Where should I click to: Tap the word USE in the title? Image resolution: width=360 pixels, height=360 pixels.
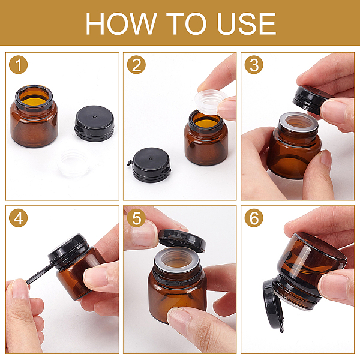click(x=247, y=23)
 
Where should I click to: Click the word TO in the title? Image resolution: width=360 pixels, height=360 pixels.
click(x=186, y=23)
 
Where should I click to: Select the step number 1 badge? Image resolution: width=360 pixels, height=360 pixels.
click(x=19, y=65)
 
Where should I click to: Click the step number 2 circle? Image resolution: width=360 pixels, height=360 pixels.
click(x=136, y=65)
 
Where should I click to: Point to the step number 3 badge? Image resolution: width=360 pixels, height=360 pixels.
click(x=254, y=65)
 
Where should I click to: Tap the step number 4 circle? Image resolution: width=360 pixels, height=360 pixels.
click(x=19, y=218)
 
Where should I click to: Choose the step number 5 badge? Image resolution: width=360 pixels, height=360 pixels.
click(x=136, y=218)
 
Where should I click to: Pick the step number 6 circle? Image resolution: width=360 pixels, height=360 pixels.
click(x=254, y=218)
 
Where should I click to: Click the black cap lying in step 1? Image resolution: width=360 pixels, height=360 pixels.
click(x=94, y=124)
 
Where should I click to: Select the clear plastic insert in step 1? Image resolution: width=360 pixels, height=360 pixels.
click(x=74, y=163)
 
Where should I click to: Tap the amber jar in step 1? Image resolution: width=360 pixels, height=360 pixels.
click(x=34, y=116)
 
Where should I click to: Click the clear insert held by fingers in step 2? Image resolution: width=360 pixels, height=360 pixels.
click(x=210, y=102)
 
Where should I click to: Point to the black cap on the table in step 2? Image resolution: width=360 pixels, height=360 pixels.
click(x=149, y=165)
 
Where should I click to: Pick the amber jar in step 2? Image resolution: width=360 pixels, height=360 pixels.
click(x=206, y=138)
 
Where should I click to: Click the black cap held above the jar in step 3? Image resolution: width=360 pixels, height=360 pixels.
click(x=310, y=99)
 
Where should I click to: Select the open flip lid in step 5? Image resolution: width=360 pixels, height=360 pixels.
click(x=182, y=241)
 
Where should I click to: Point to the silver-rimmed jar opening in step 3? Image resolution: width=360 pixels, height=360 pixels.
click(x=298, y=122)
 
